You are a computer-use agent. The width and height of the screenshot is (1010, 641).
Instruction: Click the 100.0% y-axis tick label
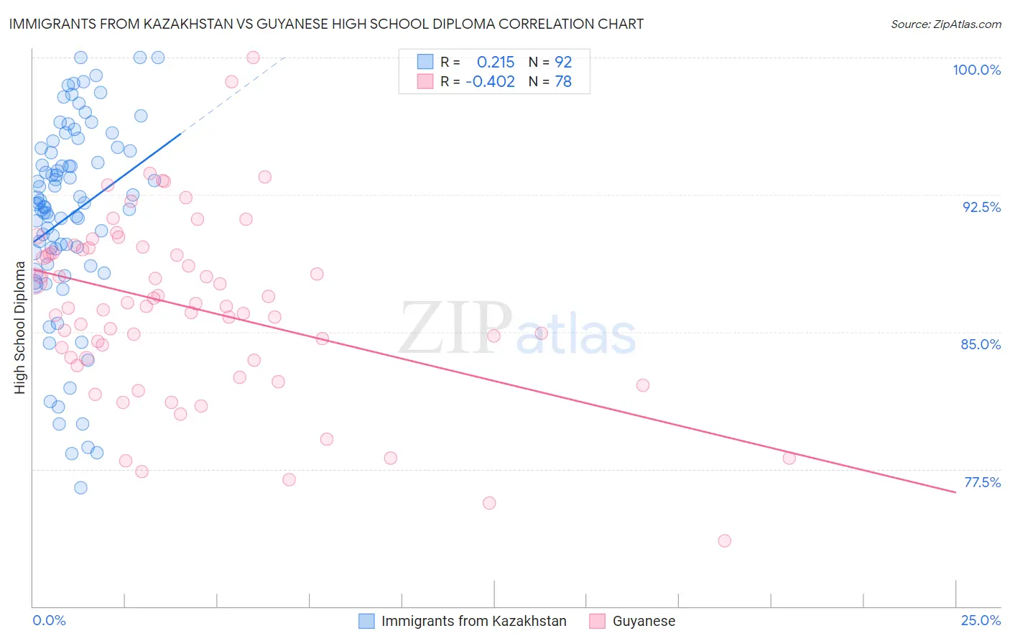pos(976,70)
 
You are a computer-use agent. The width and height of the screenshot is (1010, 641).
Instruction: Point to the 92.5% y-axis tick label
pos(981,207)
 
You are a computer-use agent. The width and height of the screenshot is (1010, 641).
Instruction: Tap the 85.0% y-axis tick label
pos(981,344)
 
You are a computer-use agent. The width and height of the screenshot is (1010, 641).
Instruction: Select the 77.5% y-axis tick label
pos(982,482)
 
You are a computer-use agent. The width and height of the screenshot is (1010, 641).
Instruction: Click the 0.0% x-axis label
pos(49,620)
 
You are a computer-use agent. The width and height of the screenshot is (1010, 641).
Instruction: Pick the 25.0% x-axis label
pos(981,620)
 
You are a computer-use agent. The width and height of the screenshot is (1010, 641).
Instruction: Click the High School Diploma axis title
pos(20,327)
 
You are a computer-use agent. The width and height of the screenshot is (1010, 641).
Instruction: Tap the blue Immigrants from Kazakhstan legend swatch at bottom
pos(366,621)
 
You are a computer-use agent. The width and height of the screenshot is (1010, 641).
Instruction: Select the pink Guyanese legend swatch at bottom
pos(598,621)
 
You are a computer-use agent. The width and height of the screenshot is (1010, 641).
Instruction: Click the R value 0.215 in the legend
pos(496,62)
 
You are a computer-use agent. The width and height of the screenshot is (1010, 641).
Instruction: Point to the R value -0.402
pos(490,82)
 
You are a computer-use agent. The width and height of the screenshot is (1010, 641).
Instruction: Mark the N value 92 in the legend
pos(563,62)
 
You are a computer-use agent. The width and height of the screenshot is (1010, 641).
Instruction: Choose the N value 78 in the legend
pos(563,82)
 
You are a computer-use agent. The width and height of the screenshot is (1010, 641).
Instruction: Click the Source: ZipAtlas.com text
pos(945,24)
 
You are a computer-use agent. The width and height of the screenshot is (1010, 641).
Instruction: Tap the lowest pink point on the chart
pos(724,540)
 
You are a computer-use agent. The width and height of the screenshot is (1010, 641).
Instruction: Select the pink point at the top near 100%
pos(253,57)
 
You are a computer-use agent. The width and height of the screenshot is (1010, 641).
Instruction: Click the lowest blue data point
pos(80,488)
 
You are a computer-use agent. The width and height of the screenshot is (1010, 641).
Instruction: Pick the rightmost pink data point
pos(789,458)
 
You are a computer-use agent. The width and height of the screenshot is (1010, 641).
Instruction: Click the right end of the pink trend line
pos(955,492)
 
